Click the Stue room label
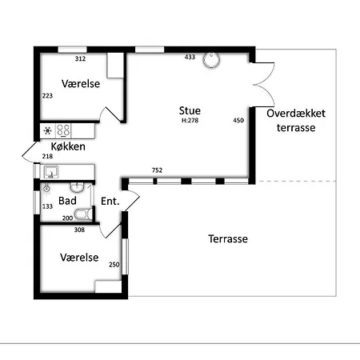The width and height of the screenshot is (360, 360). coord(190,110)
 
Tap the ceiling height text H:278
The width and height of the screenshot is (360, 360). coord(190,120)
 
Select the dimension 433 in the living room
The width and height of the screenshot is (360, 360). coord(190,57)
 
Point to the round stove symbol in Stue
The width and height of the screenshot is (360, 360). coord(211,60)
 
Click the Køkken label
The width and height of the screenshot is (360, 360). coord(68,146)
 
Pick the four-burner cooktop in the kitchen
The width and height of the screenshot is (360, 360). coord(63,130)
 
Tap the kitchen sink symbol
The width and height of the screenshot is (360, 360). coord(51,172)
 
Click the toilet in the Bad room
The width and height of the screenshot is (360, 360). coord(83,214)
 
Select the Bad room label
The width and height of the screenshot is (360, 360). coord(67,201)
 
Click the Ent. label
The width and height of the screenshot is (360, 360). coord(110,201)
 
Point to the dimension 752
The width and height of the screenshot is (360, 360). coord(157,170)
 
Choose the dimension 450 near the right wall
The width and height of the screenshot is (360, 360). coord(238,120)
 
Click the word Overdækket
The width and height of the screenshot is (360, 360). coord(296,114)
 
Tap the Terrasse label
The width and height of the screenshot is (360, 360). coord(228,238)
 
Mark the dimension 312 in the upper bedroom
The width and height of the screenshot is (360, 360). coord(80,58)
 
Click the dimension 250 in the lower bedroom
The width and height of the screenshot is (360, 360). coord(114,265)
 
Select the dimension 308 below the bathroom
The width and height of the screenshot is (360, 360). coord(79,230)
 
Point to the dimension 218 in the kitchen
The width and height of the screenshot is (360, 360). coord(47,156)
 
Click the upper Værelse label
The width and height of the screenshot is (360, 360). coord(81,84)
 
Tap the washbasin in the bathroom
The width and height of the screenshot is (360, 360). coord(78,186)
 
